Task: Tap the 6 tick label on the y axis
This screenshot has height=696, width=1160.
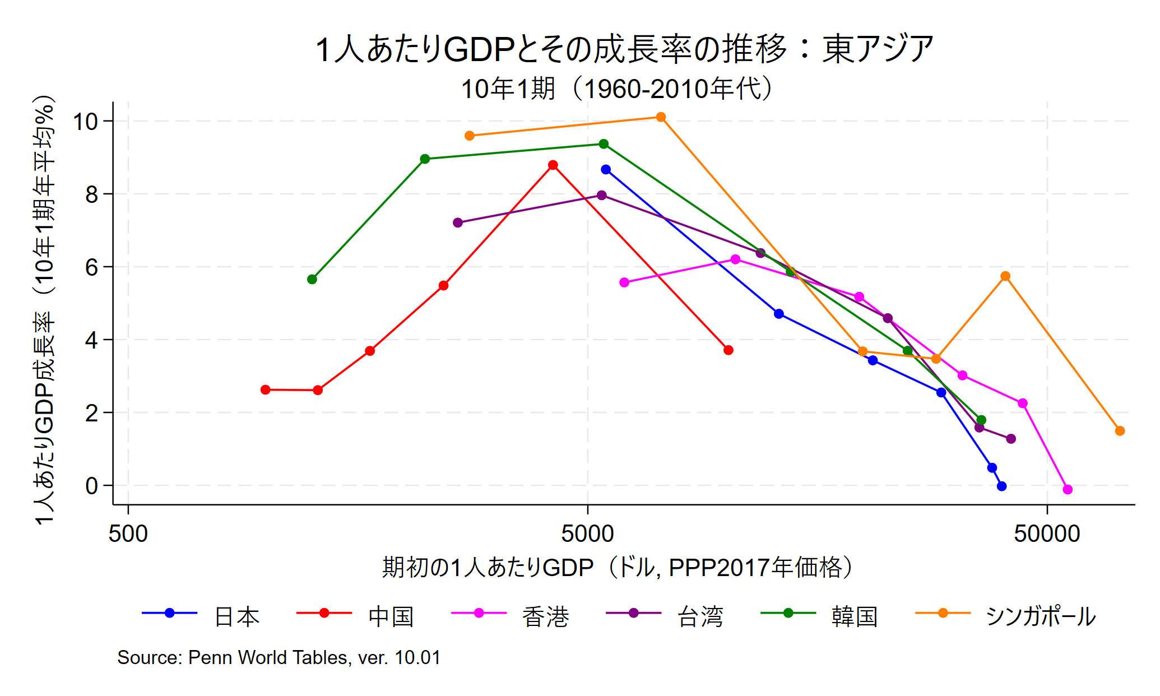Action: tap(91, 267)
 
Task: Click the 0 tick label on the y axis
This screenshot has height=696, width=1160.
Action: tap(91, 486)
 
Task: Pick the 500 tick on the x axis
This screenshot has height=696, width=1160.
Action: tap(128, 533)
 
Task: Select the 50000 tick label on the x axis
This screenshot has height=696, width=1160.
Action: tap(1046, 533)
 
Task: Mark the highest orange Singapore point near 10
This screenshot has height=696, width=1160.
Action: tap(661, 117)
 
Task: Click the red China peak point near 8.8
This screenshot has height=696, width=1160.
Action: tap(553, 165)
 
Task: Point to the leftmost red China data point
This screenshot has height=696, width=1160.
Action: tap(266, 389)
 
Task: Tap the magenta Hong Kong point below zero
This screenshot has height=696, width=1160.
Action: tap(1068, 489)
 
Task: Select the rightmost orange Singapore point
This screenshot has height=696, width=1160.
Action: tap(1120, 431)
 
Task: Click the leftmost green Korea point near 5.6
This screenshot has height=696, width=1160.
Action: tap(312, 279)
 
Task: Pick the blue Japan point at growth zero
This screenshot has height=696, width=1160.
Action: tap(1001, 486)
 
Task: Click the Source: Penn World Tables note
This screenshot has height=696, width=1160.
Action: tap(279, 657)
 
